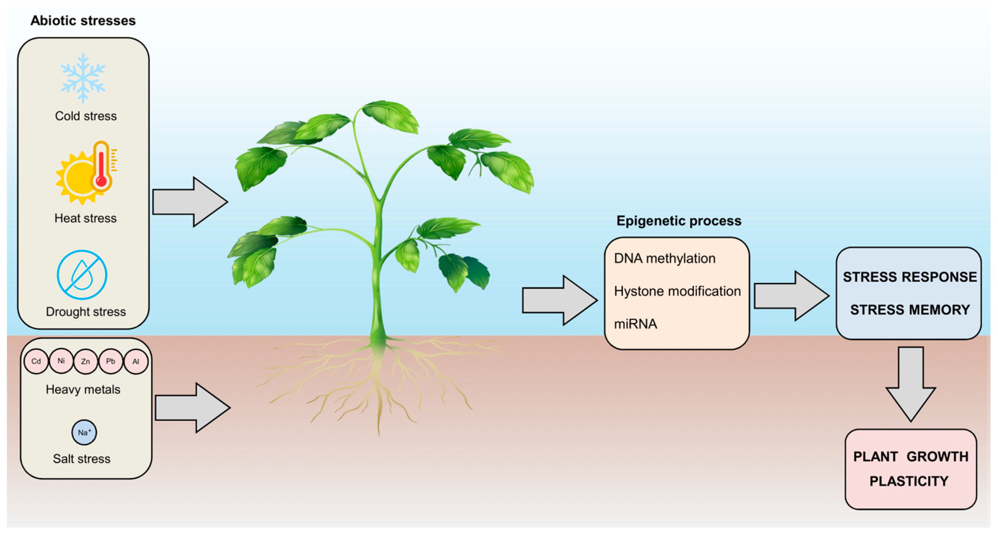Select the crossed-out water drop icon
82,275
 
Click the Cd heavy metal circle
36,361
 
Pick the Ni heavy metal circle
61,361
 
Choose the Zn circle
86,361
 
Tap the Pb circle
110,361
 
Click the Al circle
135,361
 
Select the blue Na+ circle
84,432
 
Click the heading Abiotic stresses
83,21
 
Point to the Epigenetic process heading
679,221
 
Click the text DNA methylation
665,259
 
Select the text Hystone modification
677,291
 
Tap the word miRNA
635,324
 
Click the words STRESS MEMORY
910,310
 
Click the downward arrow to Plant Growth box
910,383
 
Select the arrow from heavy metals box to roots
192,408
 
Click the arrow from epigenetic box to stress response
790,296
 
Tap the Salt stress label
82,459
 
